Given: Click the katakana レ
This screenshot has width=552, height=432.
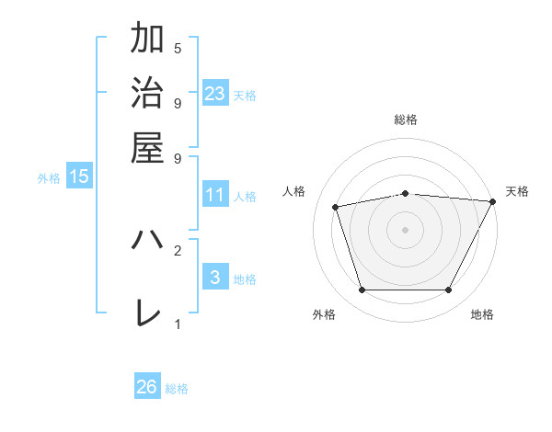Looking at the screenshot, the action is pos(148,313).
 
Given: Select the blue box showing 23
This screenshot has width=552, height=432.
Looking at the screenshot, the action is pos(215,94).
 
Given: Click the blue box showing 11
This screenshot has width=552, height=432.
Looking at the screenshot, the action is pos(215,195).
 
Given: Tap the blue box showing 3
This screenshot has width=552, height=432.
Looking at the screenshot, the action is pos(215,278).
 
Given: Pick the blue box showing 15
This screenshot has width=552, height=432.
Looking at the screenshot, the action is pos(79,176).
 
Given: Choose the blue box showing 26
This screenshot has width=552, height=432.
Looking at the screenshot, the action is pos(147,387).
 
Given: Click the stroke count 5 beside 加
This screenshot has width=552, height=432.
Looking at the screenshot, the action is pos(178,48).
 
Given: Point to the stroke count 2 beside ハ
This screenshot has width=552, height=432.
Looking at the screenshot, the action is pos(178,250).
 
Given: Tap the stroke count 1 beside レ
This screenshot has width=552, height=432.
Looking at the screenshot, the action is pos(178,324).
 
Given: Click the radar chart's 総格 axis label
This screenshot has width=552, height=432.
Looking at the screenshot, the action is pos(406,119).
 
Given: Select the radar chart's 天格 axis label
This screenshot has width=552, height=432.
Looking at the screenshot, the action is pos(517,191).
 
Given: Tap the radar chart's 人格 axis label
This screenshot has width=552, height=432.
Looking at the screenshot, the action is pos(294,191).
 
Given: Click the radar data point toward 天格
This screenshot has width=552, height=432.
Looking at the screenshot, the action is pos(492,201).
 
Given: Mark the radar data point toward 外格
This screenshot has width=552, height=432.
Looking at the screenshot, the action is pos(362,290).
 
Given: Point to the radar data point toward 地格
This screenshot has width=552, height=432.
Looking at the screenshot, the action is pos(449,290).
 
